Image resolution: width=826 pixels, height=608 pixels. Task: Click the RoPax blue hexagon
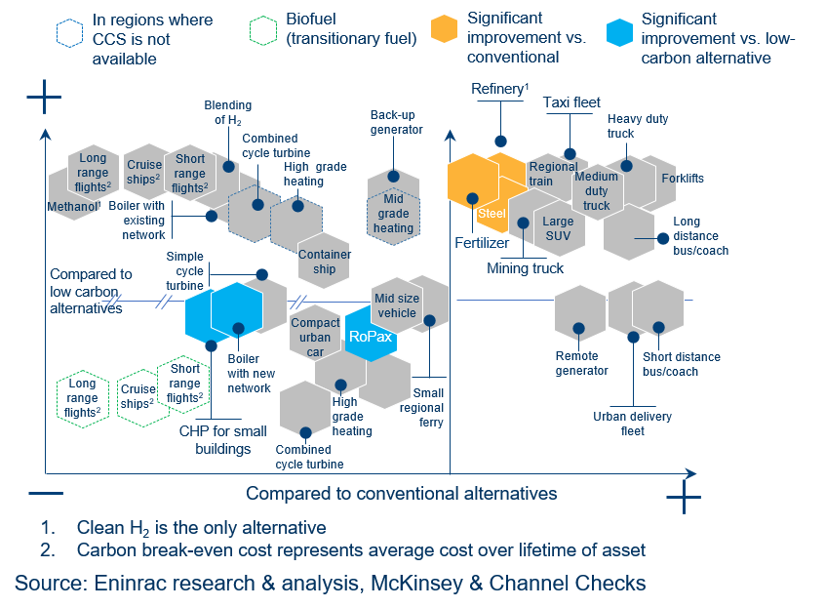tap(371, 334)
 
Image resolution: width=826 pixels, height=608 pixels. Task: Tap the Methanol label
tap(74, 207)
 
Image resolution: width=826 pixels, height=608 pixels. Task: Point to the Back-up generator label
tap(396, 122)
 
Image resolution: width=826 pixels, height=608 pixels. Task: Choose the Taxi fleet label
tap(571, 101)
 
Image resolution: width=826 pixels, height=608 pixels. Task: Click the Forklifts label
tap(683, 179)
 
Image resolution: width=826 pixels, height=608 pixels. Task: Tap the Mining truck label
tap(525, 268)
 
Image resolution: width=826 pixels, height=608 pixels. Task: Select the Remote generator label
tap(581, 363)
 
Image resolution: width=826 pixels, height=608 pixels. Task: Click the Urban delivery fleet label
tap(633, 424)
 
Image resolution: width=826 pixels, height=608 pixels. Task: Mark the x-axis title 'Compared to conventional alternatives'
tap(401, 493)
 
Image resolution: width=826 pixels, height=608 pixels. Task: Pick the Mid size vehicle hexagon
tap(397, 305)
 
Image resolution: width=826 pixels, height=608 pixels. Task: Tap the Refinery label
tap(499, 89)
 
